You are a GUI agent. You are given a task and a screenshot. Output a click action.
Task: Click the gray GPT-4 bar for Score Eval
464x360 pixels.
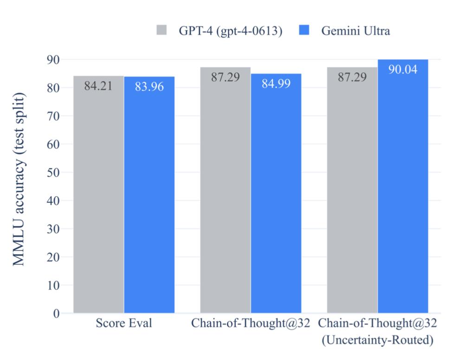pos(98,195)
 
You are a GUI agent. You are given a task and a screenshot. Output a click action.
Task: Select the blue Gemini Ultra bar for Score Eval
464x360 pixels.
pos(149,195)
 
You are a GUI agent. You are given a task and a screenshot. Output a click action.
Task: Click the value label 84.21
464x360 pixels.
pos(98,86)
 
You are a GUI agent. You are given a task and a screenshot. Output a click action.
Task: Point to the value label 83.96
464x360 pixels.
pos(149,86)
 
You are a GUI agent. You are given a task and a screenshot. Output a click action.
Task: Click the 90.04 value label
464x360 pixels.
pos(403,70)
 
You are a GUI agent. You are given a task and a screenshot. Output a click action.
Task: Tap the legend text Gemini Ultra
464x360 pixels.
pos(356,31)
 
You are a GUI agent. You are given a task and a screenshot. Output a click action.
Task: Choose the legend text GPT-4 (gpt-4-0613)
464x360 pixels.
pos(231,31)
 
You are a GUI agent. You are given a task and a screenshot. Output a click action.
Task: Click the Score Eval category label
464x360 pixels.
pos(124,323)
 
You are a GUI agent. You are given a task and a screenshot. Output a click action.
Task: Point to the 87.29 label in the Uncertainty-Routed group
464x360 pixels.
pos(352,77)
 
